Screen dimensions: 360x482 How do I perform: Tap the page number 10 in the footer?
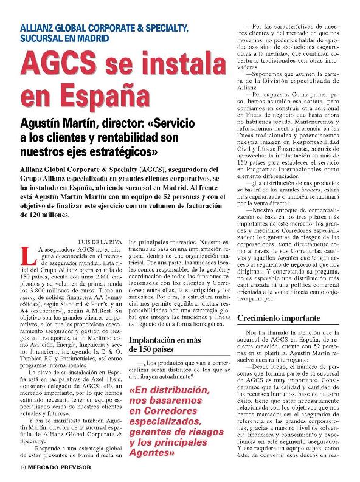22,468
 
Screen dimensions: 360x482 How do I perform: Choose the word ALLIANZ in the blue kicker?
38,28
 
